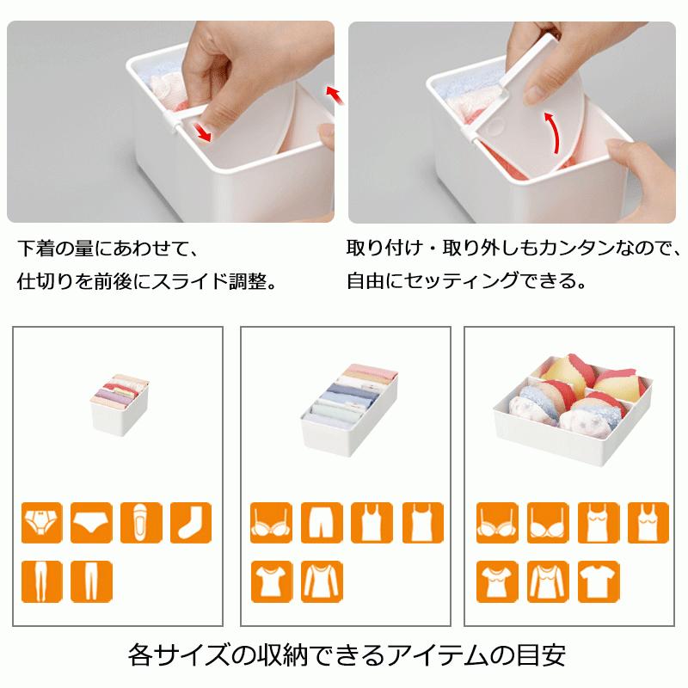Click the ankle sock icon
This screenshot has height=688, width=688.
(190, 522)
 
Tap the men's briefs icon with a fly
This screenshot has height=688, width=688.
(40, 522)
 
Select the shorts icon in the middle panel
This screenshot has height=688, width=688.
(322, 522)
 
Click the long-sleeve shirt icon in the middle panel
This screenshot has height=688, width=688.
(322, 580)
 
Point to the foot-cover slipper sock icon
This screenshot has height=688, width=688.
(141, 522)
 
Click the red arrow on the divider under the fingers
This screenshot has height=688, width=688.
(204, 131)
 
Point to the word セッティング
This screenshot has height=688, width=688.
(447, 281)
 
